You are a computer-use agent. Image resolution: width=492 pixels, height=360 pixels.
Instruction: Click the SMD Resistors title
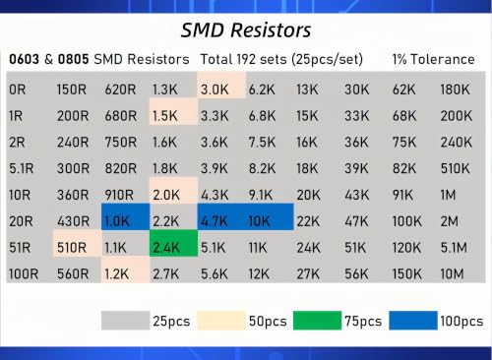point(246,30)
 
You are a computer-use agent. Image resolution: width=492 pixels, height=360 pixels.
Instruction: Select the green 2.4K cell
point(173,243)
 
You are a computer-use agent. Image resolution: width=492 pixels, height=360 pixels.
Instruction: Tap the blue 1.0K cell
point(125,216)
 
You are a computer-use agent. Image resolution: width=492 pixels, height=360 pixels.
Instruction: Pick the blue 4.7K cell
point(221,216)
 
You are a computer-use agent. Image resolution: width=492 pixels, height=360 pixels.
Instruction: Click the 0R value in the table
point(18,90)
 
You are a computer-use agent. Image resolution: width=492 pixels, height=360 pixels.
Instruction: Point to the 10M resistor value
point(452,273)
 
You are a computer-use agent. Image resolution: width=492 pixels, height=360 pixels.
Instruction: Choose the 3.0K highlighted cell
point(221,86)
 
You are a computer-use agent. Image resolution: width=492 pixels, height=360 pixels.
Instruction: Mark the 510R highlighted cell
point(78,243)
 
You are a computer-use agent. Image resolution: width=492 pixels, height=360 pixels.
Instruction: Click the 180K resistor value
point(456,90)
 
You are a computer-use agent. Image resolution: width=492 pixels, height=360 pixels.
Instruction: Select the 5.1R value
point(22,168)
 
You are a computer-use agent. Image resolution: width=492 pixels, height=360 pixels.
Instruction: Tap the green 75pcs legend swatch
point(317,321)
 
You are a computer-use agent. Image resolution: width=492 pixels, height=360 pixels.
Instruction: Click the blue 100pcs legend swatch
point(413,321)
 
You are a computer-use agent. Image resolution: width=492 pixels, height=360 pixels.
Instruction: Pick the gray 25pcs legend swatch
point(125,321)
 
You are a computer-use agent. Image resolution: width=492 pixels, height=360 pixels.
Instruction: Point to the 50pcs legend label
point(268,321)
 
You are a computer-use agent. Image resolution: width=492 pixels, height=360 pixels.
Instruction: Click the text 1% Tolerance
point(434,59)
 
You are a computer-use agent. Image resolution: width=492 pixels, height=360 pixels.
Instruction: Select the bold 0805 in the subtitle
point(73,59)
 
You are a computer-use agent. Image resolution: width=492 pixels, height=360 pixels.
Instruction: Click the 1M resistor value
point(448,195)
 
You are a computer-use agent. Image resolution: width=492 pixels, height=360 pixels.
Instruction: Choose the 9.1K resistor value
point(261,195)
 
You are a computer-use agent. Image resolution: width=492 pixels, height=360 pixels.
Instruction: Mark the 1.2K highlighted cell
point(125,270)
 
